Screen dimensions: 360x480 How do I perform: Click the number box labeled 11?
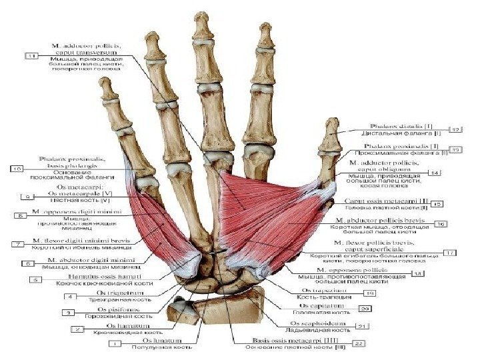tap(31, 57)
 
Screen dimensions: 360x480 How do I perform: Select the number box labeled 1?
tap(114, 344)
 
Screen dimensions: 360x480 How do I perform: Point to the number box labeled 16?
tap(441, 225)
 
